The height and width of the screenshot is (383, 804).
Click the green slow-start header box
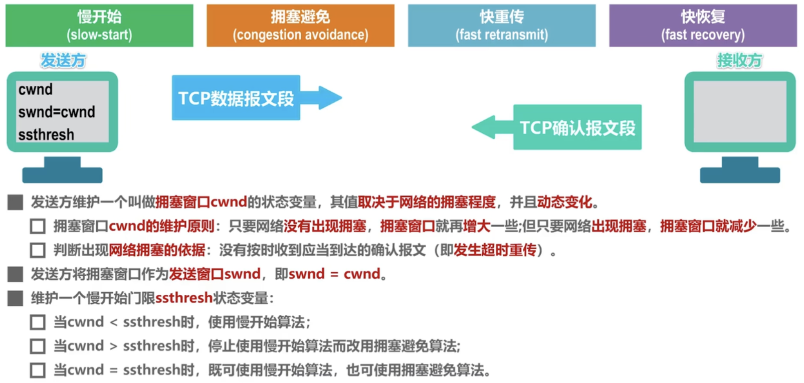[x=99, y=26]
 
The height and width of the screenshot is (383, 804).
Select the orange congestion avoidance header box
[x=300, y=26]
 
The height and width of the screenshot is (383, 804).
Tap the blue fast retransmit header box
[x=502, y=26]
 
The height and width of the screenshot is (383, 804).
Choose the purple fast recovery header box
[x=703, y=26]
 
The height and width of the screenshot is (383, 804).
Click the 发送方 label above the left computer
[x=63, y=61]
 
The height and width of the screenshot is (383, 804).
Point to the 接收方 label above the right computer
[x=739, y=61]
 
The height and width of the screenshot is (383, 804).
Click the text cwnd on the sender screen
[x=36, y=90]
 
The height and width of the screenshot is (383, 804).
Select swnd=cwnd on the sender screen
[x=57, y=112]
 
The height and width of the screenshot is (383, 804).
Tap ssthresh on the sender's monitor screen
[x=46, y=134]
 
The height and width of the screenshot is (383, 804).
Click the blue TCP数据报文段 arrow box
[x=236, y=98]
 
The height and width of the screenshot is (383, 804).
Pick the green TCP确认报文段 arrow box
[x=577, y=127]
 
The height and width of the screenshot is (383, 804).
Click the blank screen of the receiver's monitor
[x=740, y=111]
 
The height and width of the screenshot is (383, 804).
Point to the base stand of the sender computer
[x=62, y=174]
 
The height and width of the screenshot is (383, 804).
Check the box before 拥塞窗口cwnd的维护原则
[x=38, y=227]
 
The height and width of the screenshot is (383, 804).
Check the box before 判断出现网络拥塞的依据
[x=38, y=250]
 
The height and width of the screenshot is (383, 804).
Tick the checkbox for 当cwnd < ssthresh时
[x=38, y=322]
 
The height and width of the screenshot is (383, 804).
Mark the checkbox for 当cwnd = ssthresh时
[x=38, y=370]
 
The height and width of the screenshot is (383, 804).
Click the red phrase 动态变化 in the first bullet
[x=564, y=202]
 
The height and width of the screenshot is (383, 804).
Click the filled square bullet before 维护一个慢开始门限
[x=16, y=298]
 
